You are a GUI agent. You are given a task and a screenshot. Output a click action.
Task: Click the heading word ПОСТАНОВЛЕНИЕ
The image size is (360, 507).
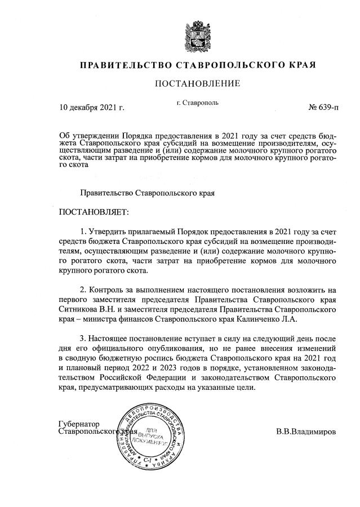click(197, 84)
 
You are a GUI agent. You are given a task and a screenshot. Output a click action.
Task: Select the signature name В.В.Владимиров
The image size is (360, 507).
click(306, 432)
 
